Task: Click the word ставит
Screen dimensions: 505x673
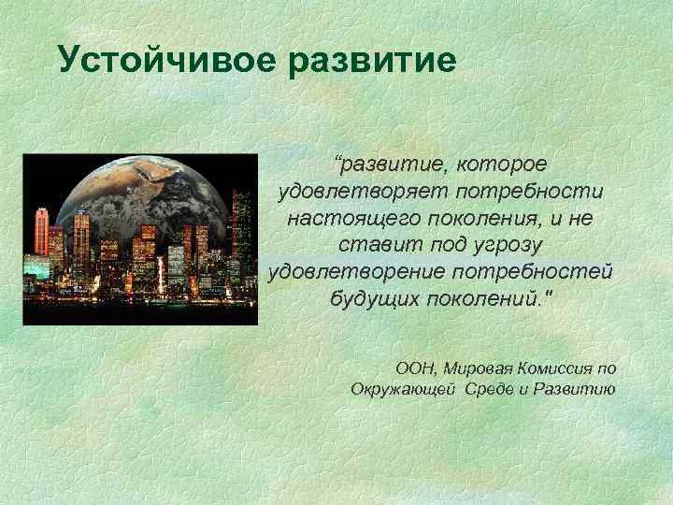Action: [367, 245]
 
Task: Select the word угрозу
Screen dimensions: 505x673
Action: [507, 245]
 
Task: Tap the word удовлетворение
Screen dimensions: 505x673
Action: [356, 272]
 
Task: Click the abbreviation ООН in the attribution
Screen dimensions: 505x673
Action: [415, 368]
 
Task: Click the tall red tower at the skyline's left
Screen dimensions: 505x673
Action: [41, 230]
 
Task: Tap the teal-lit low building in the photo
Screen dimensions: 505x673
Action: [37, 267]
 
